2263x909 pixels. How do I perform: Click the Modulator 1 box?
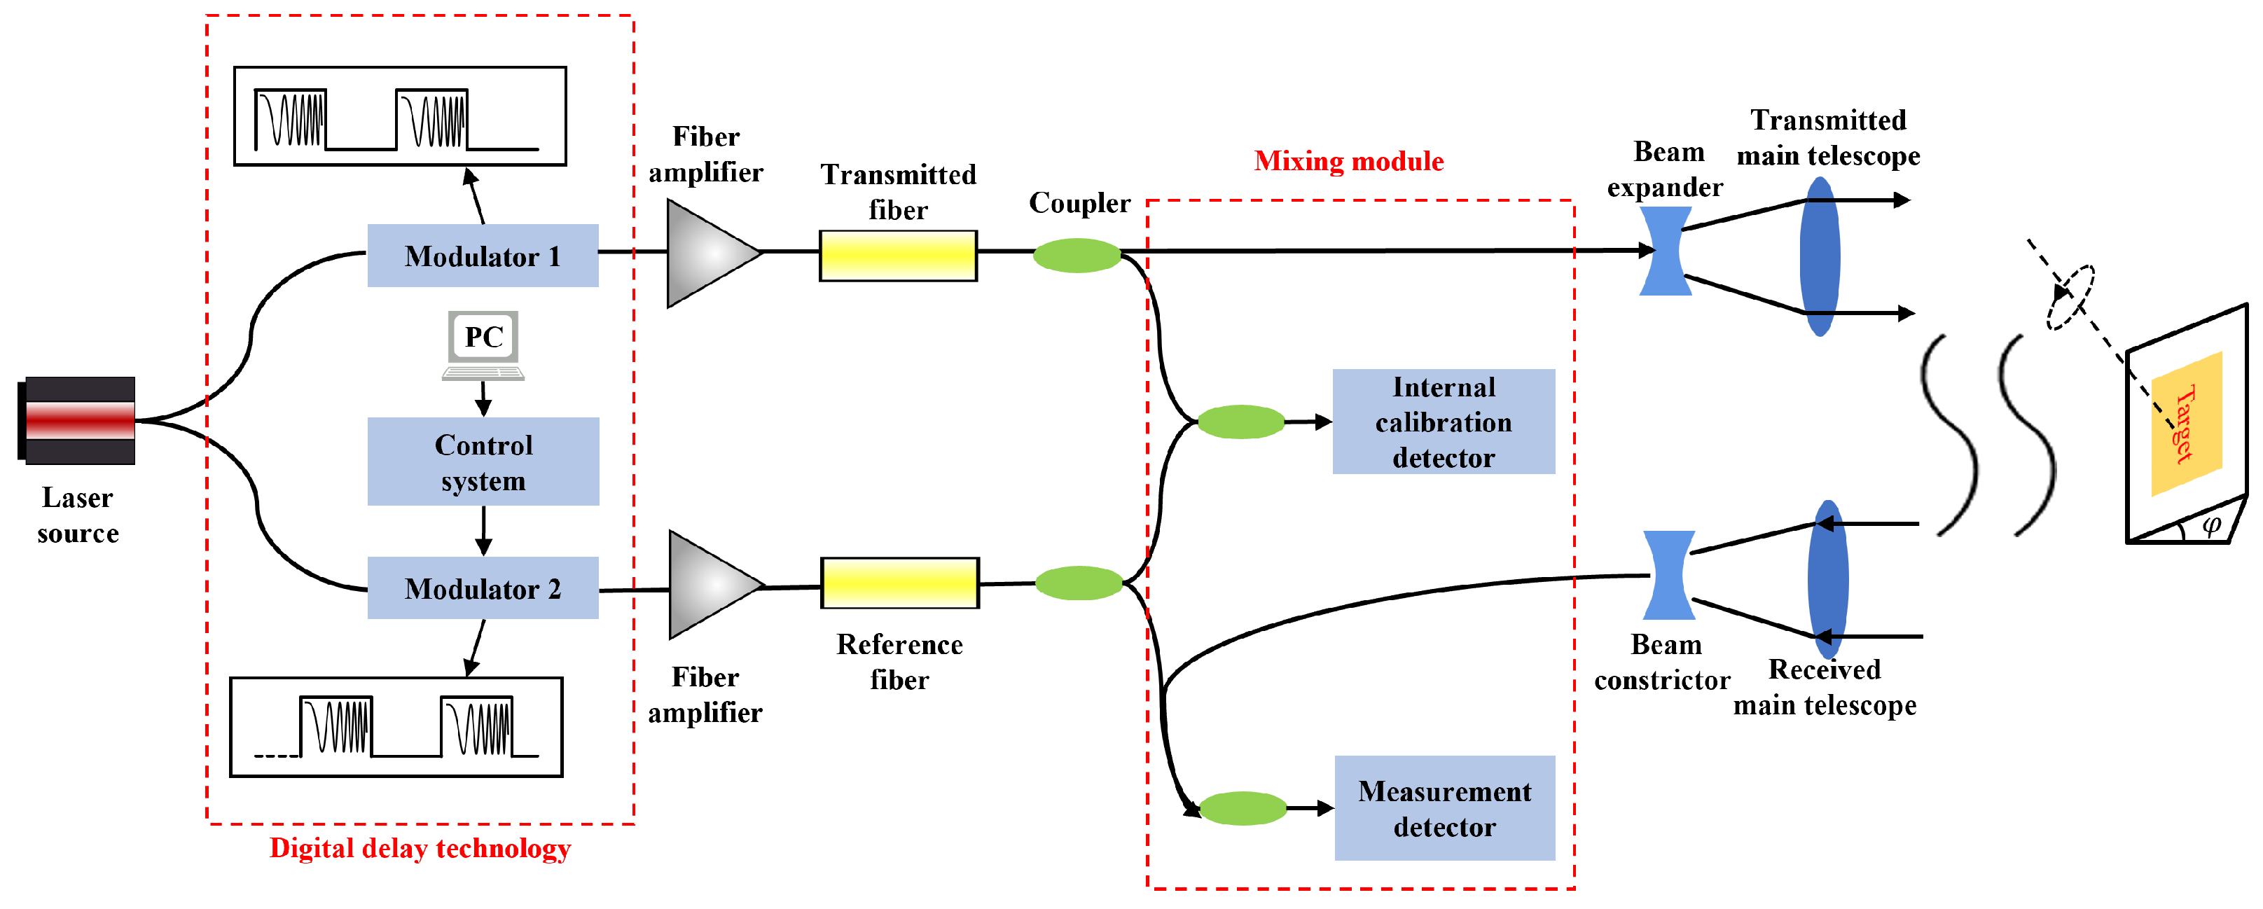click(483, 256)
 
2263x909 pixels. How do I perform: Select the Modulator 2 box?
click(483, 588)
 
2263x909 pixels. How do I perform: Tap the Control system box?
click(483, 462)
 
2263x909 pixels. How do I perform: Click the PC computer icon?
click(483, 343)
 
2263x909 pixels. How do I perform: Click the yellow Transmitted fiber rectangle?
click(898, 256)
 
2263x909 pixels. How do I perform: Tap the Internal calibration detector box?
click(1444, 422)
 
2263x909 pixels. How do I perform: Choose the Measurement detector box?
click(1444, 808)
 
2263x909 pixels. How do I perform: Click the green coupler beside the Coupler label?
click(1077, 256)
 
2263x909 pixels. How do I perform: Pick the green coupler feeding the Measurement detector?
click(1243, 808)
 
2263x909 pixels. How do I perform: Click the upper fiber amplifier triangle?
click(707, 253)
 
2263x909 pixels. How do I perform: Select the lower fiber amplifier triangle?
click(709, 585)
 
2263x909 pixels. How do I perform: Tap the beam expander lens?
click(1666, 251)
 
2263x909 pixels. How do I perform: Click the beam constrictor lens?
click(1668, 575)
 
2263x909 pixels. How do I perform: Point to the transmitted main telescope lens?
click(1820, 256)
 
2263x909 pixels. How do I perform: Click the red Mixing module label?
click(1348, 161)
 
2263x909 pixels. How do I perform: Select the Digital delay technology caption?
click(420, 848)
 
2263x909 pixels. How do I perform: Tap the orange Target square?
click(2187, 422)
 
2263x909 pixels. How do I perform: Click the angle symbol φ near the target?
click(2211, 525)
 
